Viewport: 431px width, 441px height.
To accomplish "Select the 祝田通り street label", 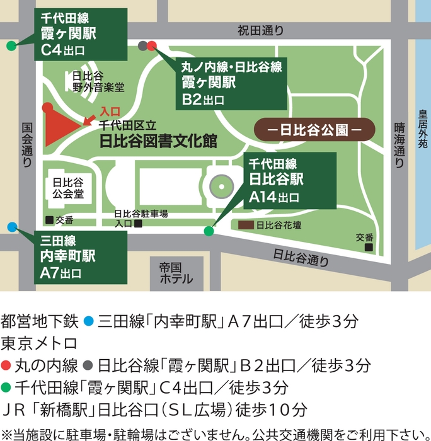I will tap(260, 30).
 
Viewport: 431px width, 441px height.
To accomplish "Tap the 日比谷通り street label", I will tap(301, 256).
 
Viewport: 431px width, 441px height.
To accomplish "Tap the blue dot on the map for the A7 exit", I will tap(13, 227).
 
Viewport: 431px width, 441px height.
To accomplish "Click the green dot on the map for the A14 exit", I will tap(209, 231).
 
